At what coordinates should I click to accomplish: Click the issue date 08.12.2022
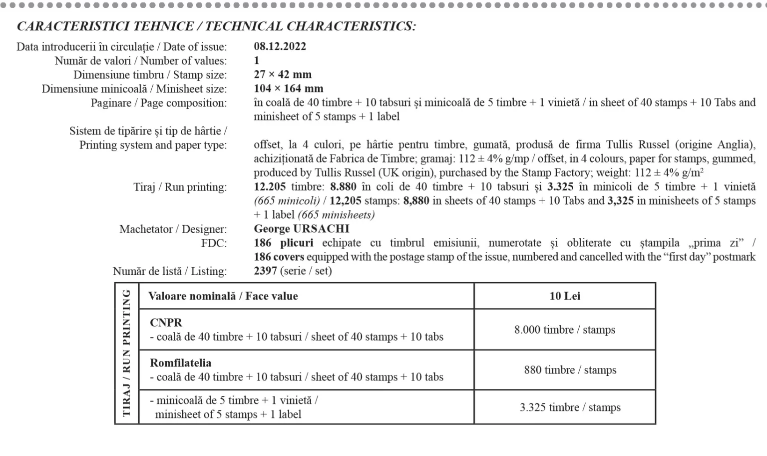click(x=280, y=46)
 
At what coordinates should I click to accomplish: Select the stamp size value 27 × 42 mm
click(x=283, y=74)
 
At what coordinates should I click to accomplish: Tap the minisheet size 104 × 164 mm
click(x=288, y=88)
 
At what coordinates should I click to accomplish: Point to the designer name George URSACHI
click(x=302, y=229)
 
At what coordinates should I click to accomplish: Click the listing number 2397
click(x=265, y=271)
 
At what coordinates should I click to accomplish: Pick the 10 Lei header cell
click(x=565, y=296)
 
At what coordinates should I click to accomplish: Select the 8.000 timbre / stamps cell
click(x=565, y=330)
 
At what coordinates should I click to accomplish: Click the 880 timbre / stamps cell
click(x=570, y=370)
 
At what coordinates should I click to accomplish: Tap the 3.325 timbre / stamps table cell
click(x=570, y=407)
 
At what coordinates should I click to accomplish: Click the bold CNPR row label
click(x=166, y=323)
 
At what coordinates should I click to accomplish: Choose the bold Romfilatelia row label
click(x=180, y=363)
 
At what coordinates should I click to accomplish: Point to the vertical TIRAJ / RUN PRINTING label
click(x=126, y=353)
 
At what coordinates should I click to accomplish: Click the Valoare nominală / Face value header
click(x=223, y=296)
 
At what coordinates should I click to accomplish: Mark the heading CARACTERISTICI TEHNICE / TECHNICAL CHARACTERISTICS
click(x=216, y=26)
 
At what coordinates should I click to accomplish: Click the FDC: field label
click(x=214, y=243)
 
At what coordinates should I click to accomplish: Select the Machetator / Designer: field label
click(x=173, y=229)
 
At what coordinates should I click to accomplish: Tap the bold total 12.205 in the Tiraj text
click(x=270, y=187)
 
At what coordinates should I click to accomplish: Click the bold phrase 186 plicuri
click(x=283, y=243)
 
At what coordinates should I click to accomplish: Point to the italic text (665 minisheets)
click(x=336, y=215)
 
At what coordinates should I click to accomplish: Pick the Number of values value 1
click(x=257, y=60)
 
